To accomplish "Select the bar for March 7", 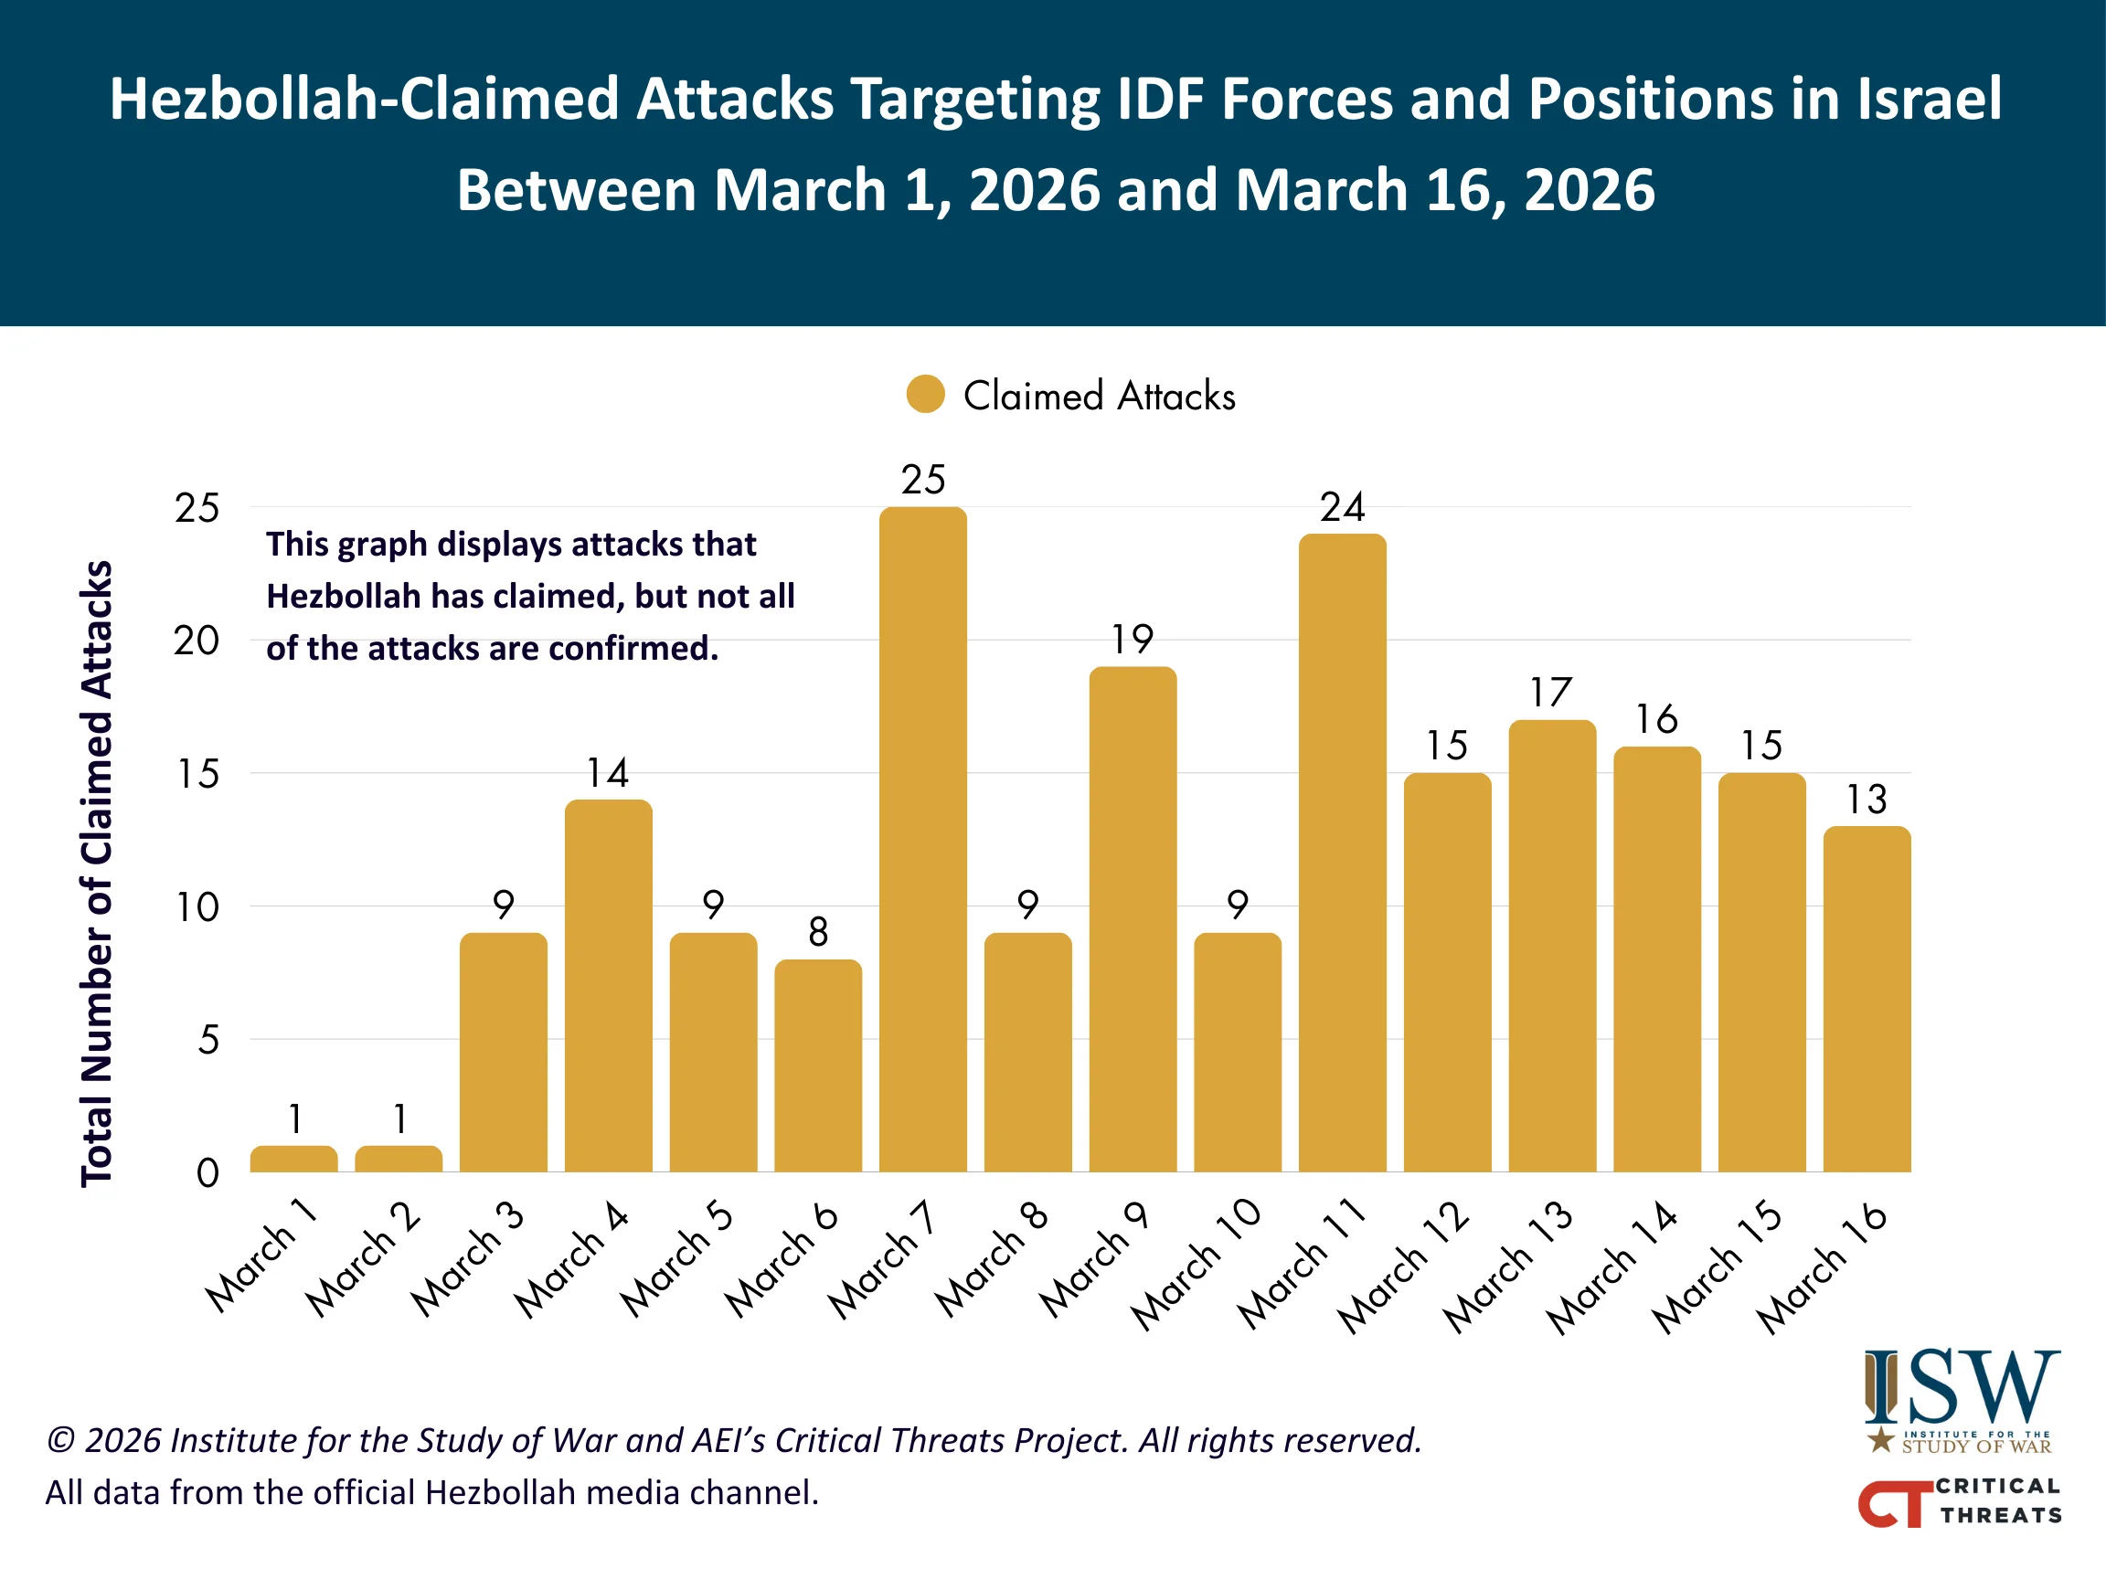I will coord(922,839).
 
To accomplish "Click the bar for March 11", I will coord(1343,852).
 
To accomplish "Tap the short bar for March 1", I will coord(293,1159).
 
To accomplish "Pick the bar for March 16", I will coord(1867,999).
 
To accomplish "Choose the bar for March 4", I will coord(609,985).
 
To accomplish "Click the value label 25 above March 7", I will coord(922,480).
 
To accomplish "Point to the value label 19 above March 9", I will coord(1132,639).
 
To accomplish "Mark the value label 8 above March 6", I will coord(818,932).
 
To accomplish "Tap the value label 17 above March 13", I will coord(1552,692).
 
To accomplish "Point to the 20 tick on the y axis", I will coord(197,641).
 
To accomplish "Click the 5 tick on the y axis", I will coord(208,1039).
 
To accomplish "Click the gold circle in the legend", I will coord(925,394).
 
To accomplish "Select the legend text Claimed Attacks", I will coord(1099,396).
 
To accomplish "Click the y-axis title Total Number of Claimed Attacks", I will coord(96,873).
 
